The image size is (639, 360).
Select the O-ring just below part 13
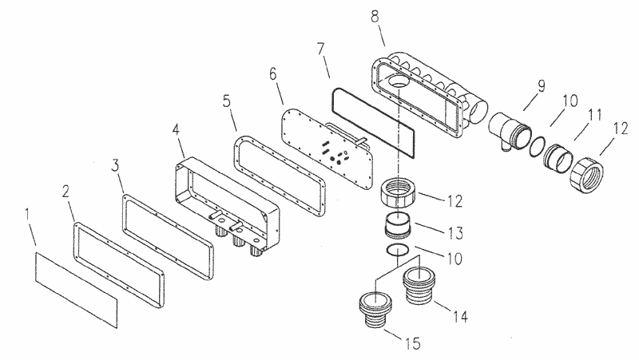coord(398,251)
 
